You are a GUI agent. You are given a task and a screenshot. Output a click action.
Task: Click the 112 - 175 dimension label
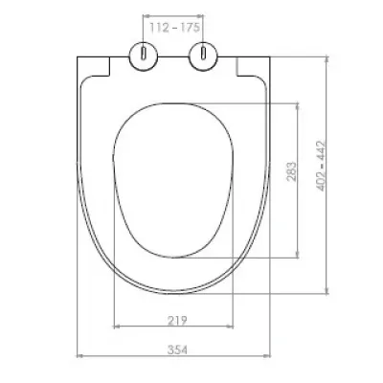click(x=175, y=28)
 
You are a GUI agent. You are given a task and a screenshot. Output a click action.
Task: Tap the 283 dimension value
click(x=291, y=171)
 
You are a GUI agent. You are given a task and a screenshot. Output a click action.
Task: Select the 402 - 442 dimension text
click(x=321, y=166)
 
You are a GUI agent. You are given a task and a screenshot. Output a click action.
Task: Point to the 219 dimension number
click(x=177, y=320)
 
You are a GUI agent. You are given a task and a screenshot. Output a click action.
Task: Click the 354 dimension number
click(x=177, y=349)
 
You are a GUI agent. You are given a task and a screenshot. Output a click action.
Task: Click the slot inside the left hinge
click(x=144, y=53)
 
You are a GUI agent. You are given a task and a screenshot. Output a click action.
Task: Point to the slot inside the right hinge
click(x=203, y=53)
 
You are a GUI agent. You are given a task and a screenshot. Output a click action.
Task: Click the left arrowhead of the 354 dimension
click(x=79, y=355)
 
